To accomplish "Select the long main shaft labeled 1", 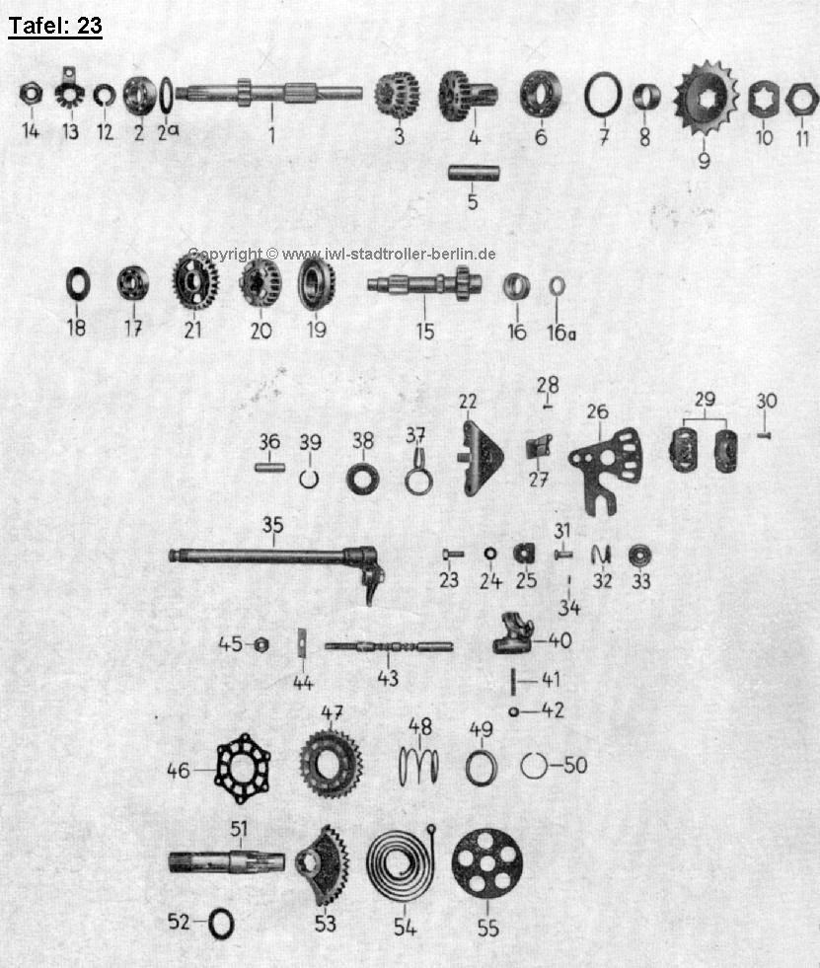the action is click(268, 93).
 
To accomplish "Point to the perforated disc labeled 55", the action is click(487, 863).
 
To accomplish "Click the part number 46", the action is click(179, 771).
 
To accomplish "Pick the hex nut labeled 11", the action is click(802, 100).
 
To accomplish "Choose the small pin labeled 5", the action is click(474, 173).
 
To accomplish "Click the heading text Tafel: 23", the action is click(55, 26).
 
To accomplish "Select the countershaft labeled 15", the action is click(424, 284).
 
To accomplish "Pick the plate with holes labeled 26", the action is click(606, 469).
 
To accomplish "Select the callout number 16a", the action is click(561, 333).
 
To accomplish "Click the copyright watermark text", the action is click(341, 254).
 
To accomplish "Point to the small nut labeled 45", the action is click(261, 645).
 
